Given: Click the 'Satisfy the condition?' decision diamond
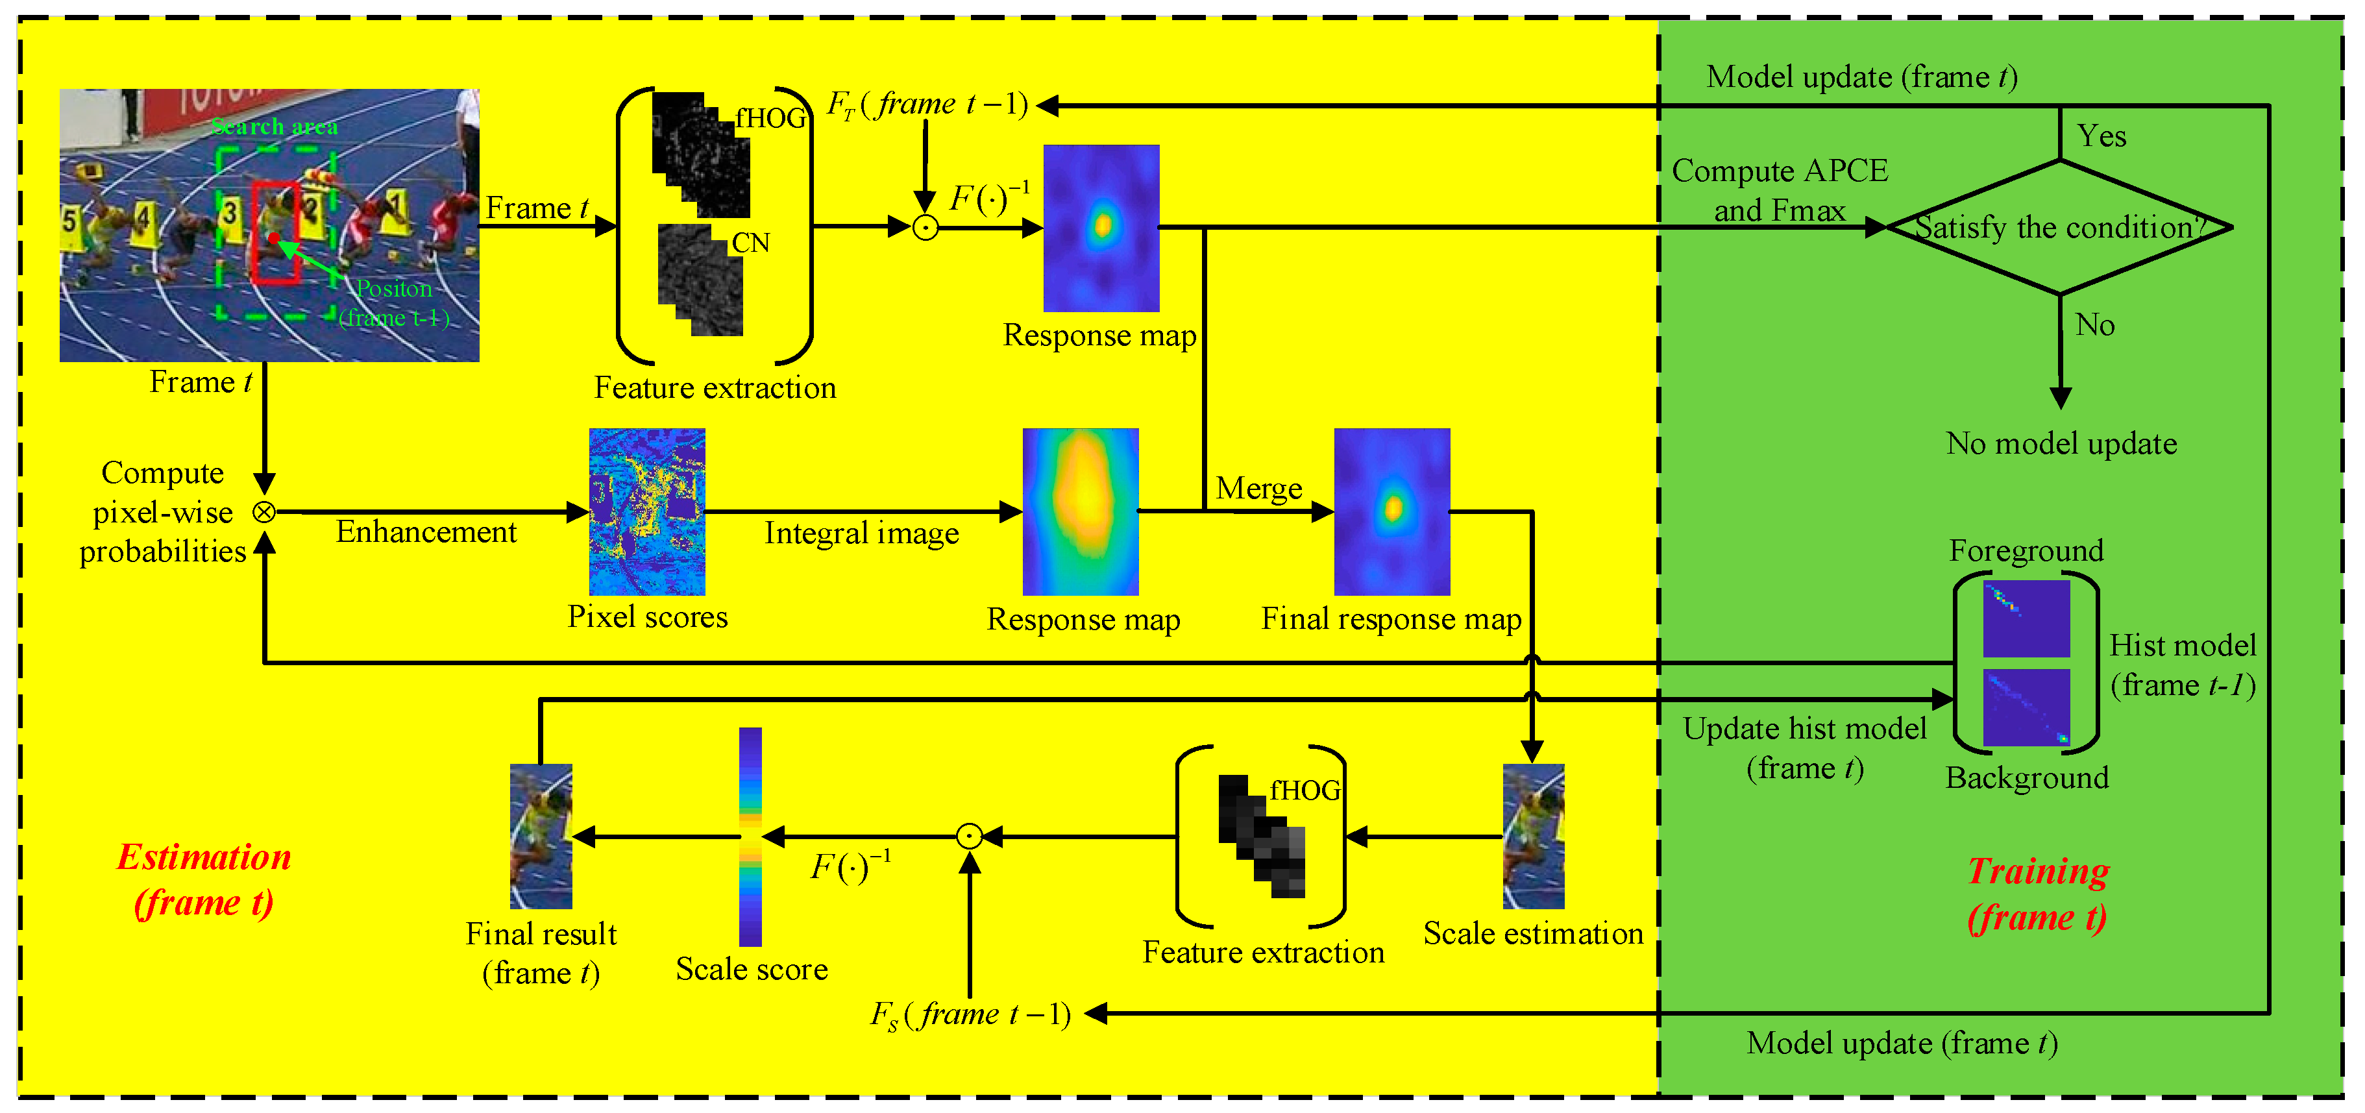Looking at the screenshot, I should (x=2059, y=227).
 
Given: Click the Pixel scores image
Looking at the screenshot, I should (x=647, y=511).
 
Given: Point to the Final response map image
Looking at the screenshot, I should (x=1392, y=511).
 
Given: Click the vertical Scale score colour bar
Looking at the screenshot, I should (x=750, y=836).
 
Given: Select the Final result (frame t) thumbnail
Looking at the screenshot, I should (x=541, y=836).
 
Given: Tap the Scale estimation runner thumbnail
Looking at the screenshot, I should (x=1533, y=836).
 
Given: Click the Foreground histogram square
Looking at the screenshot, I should (x=2026, y=618).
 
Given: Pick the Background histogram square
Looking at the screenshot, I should (x=2026, y=707).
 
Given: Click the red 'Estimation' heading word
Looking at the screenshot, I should (x=204, y=857).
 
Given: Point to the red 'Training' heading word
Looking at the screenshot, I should (x=2038, y=870).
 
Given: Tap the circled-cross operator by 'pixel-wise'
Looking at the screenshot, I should (x=263, y=511).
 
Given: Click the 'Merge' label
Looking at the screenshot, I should (x=1258, y=489).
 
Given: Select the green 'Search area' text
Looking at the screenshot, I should (x=275, y=127).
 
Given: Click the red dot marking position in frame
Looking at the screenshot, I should (x=274, y=238).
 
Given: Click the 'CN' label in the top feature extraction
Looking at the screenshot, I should (x=750, y=243).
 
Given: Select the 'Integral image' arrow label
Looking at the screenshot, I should (x=861, y=533).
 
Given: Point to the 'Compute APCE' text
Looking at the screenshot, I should (x=1779, y=171).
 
